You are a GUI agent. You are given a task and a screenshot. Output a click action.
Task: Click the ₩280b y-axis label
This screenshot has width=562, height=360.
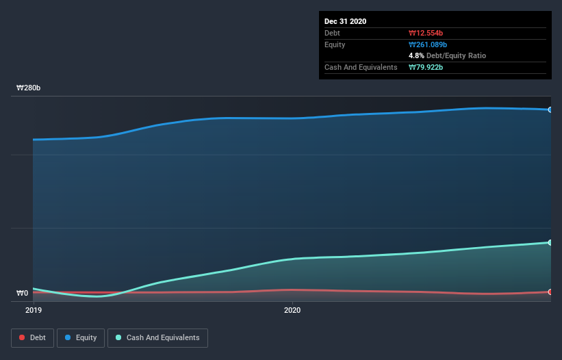pos(29,88)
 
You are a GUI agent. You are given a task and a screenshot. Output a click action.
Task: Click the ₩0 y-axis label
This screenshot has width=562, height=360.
pos(23,294)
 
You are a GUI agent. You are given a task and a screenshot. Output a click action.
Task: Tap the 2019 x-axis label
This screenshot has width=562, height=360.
pos(34,310)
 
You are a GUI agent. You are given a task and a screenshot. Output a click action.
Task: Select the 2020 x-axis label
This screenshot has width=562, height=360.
pos(292,310)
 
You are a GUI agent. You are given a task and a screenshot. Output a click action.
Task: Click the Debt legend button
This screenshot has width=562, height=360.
pos(33,337)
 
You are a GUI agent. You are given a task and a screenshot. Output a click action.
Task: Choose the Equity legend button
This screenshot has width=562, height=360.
pos(81,337)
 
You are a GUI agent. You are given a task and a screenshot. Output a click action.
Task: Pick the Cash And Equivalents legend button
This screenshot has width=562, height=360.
pos(157,337)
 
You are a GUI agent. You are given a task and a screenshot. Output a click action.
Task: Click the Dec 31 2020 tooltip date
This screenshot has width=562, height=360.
pos(346,21)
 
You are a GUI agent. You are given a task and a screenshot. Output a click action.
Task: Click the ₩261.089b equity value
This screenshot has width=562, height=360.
pos(429,44)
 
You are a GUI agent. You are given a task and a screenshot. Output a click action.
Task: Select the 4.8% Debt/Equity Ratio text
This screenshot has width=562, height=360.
pos(447,55)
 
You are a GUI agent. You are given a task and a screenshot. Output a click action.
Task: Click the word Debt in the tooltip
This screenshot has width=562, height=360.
pos(333,33)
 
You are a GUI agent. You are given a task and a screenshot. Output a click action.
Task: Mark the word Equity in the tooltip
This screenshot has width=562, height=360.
pos(335,44)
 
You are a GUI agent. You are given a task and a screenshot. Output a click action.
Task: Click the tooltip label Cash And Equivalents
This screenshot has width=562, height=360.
pos(361,67)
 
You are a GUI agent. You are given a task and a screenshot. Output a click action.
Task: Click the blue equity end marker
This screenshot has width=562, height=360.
pos(550,110)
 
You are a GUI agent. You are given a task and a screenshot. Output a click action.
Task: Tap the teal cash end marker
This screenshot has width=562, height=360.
pos(550,242)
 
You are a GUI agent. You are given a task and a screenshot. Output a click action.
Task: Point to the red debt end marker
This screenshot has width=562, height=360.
pos(550,292)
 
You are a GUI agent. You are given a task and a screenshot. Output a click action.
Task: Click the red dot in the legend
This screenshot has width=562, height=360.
pos(23,337)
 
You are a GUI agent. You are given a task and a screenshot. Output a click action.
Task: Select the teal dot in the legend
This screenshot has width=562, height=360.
pos(119,337)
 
